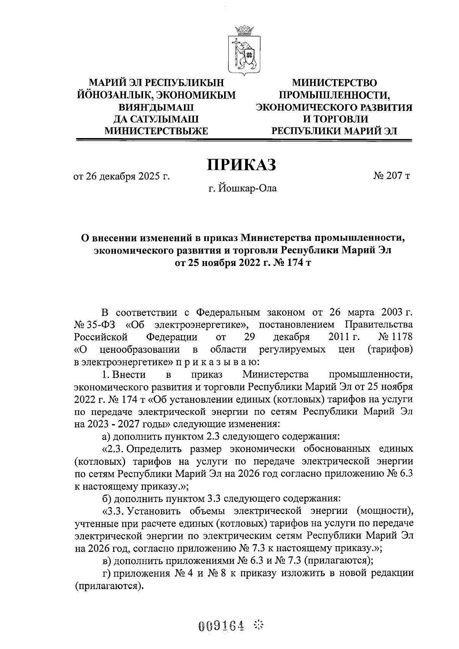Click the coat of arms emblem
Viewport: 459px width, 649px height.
[x=244, y=50]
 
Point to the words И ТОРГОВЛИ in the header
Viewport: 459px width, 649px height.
[x=334, y=119]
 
